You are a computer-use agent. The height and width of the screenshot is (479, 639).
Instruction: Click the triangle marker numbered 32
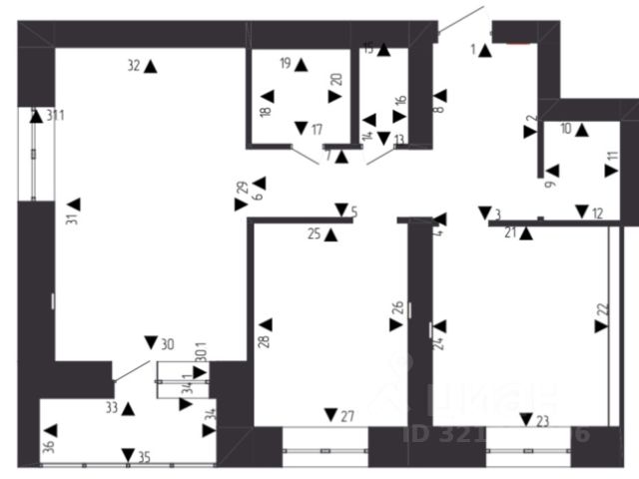tap(151, 66)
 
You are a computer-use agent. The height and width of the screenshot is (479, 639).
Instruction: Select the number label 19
tap(285, 64)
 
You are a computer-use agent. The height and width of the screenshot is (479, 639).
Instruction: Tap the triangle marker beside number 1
tap(485, 50)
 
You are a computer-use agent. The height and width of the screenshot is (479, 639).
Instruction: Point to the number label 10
tap(566, 128)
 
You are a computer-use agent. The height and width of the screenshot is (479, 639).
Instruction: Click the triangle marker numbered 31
tap(73, 205)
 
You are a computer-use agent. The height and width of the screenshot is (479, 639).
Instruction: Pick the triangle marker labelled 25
tap(330, 235)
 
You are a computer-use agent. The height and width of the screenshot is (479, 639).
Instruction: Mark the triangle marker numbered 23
tap(526, 419)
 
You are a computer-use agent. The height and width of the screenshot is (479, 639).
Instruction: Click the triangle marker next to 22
tap(601, 325)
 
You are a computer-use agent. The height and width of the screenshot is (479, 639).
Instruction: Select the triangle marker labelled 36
tap(51, 430)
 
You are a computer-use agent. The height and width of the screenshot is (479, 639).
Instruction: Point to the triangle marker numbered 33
tap(128, 408)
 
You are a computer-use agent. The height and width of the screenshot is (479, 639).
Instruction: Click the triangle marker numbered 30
tap(151, 342)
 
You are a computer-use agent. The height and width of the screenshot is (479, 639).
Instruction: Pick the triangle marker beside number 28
tap(266, 324)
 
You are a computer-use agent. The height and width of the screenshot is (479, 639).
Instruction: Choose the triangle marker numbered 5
tap(340, 210)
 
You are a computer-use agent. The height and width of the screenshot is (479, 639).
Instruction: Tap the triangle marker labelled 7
tap(341, 156)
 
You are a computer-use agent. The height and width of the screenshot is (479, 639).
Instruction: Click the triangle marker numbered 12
tap(581, 211)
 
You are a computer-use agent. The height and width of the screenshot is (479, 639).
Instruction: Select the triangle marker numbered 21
tap(526, 235)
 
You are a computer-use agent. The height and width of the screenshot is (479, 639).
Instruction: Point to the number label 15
tap(368, 48)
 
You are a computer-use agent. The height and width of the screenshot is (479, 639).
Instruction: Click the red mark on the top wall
tap(518, 42)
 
